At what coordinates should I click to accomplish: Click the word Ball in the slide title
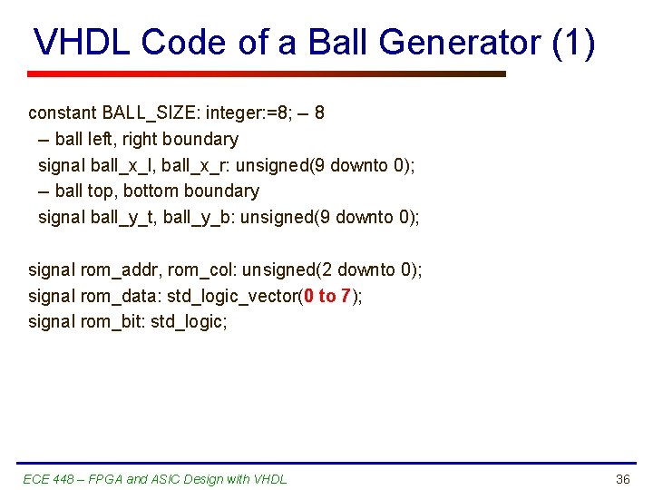tap(337, 43)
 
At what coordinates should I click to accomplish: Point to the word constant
tap(63, 113)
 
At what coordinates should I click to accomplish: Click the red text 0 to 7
tap(327, 296)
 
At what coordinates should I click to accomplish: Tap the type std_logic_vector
tap(232, 296)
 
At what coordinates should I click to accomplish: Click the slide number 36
tap(622, 479)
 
